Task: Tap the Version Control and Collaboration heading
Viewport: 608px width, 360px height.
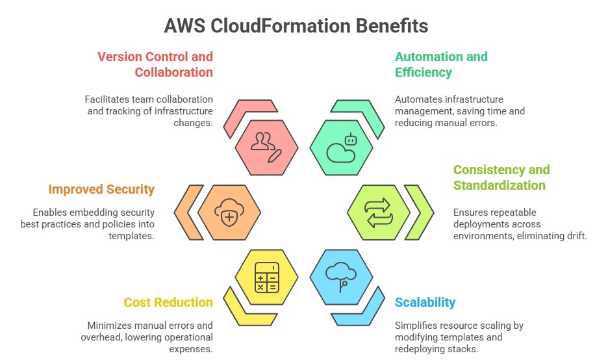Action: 155,64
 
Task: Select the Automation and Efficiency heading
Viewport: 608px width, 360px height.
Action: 441,64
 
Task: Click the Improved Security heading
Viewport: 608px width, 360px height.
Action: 101,190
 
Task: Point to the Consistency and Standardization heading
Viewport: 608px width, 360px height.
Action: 501,177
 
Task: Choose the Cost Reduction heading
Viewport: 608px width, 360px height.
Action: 168,302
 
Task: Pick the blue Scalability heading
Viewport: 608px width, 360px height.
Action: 425,302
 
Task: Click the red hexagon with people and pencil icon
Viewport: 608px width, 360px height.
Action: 266,147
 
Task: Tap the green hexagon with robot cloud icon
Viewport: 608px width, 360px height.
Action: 341,147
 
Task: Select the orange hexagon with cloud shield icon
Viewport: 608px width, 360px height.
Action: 229,212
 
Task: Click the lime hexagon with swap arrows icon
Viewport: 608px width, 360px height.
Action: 379,212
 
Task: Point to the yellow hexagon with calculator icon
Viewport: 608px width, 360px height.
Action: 266,277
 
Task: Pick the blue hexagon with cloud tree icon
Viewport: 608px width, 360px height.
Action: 341,277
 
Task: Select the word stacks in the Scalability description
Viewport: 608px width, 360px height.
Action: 464,349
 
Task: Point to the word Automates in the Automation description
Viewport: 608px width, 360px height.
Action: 418,99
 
